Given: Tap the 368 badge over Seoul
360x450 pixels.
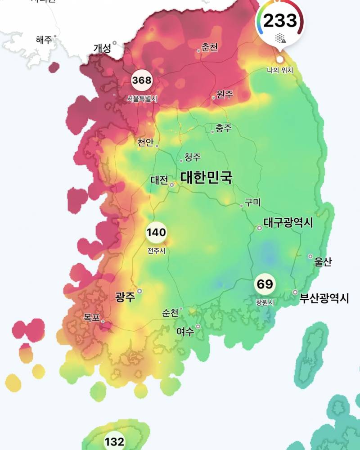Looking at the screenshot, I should point(142,81).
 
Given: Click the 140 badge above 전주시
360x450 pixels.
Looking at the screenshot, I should point(156,233).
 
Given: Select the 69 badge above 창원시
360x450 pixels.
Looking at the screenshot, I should point(265,284).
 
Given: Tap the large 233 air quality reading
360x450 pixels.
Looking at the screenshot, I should point(280,21).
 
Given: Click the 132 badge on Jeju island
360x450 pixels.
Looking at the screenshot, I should point(114,441).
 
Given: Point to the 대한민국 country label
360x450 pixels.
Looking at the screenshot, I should point(207,177).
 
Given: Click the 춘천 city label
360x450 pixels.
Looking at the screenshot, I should point(210,47).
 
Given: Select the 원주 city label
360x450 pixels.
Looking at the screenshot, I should point(225,94).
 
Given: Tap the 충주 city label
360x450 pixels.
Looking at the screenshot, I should point(224,129).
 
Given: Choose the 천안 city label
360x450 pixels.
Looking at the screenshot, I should point(145,143).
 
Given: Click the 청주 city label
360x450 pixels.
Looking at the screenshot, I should point(193,157).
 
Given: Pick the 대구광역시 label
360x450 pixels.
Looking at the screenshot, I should point(288,223).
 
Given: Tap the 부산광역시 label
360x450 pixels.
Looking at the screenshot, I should point(324,298).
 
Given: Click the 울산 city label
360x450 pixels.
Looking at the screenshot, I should point(323,262).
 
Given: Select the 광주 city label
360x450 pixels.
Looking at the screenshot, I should point(125,297).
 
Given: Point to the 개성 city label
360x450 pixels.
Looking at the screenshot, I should point(102,48).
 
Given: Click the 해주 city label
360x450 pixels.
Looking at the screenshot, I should point(44,40).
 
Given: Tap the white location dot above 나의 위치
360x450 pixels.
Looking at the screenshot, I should point(280,59).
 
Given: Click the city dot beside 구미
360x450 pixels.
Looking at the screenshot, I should point(242,206).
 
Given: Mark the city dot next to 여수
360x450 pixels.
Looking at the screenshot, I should point(198,327).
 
